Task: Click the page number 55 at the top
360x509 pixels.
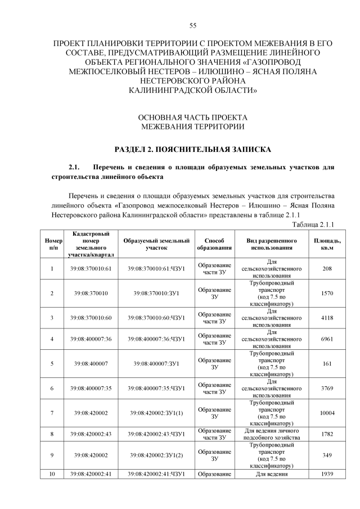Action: (x=192, y=26)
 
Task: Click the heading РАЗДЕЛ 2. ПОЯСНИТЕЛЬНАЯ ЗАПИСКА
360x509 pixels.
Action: (x=192, y=150)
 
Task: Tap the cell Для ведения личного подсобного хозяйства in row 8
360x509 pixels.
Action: (x=272, y=434)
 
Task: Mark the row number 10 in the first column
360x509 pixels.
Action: (x=52, y=474)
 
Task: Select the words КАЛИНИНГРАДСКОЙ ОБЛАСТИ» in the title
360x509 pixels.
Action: (x=192, y=89)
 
